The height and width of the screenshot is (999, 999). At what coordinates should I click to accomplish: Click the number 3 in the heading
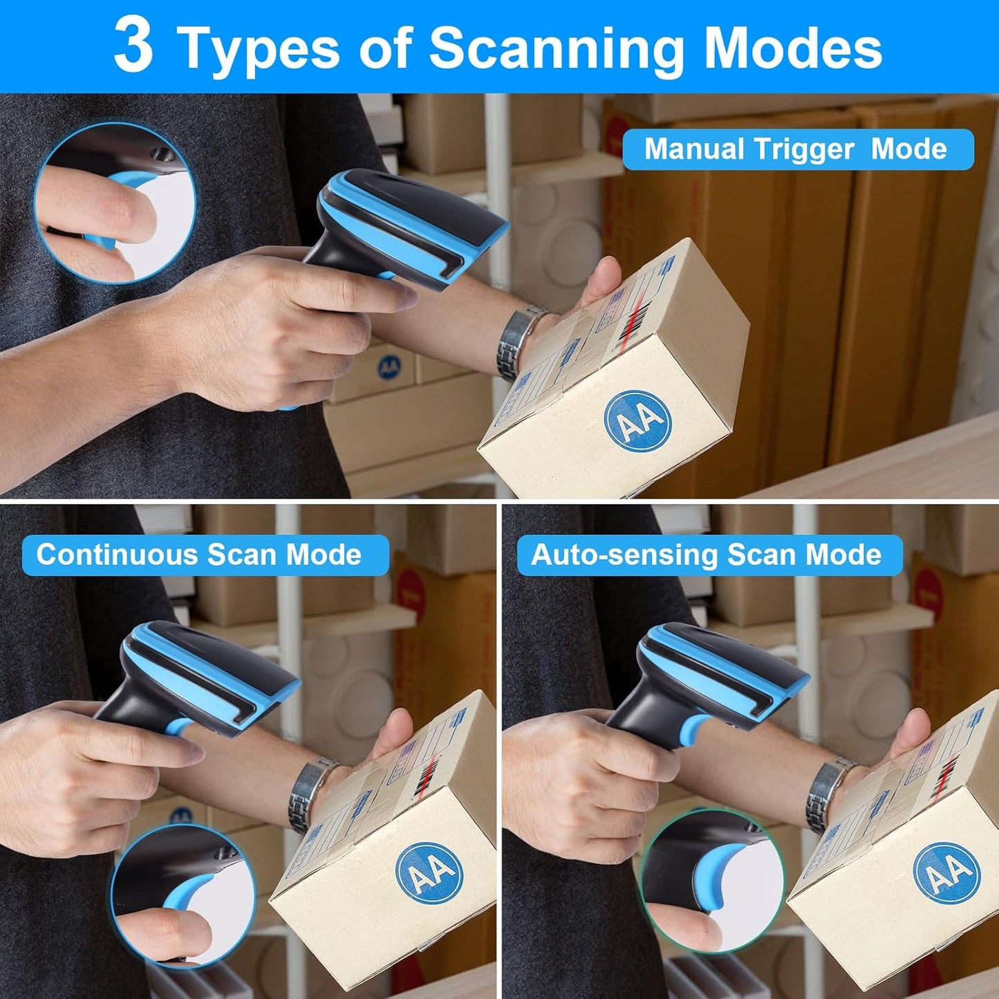[133, 46]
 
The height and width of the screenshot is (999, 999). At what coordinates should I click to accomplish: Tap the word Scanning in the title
[557, 48]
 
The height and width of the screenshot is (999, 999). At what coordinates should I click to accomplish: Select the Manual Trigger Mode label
[797, 149]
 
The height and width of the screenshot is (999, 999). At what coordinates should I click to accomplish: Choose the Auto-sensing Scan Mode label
[709, 555]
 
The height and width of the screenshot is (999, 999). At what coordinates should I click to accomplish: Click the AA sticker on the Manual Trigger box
[637, 421]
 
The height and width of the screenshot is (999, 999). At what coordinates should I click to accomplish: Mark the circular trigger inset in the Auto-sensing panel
[712, 881]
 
